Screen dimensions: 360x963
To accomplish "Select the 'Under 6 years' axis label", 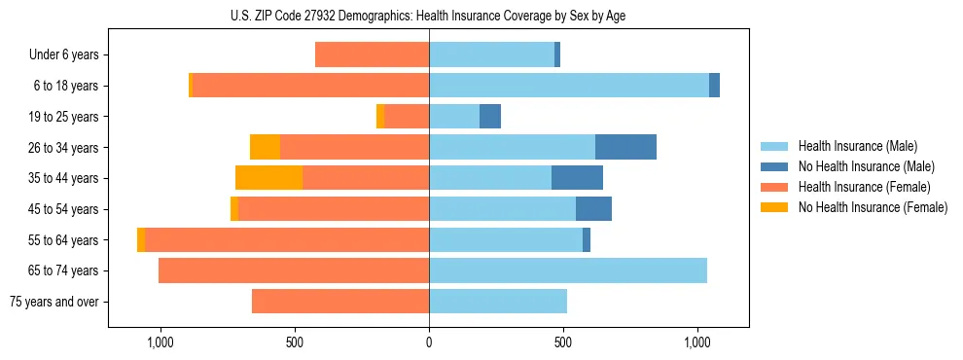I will pyautogui.click(x=63, y=54).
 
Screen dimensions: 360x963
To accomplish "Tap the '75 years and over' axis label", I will pyautogui.click(x=53, y=302).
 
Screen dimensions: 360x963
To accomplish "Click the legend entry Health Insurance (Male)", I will pyautogui.click(x=856, y=146).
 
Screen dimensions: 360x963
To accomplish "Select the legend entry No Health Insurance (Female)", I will pyautogui.click(x=871, y=207).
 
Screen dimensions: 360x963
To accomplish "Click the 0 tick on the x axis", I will pyautogui.click(x=429, y=343).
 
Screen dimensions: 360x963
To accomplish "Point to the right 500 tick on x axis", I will pyautogui.click(x=563, y=343).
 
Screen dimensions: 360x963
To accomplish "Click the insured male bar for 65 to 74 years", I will pyautogui.click(x=568, y=270).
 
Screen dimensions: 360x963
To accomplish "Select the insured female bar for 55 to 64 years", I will pyautogui.click(x=287, y=239).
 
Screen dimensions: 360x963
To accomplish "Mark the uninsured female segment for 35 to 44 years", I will pyautogui.click(x=268, y=178).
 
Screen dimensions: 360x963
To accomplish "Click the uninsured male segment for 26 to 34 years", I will pyautogui.click(x=625, y=147).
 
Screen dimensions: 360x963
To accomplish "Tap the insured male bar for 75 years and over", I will pyautogui.click(x=498, y=302).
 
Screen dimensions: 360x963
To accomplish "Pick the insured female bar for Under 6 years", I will pyautogui.click(x=372, y=54).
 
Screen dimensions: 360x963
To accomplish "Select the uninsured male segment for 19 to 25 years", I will pyautogui.click(x=490, y=117).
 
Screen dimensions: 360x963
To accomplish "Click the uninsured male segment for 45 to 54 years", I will pyautogui.click(x=593, y=209).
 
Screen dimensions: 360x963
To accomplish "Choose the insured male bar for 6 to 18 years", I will pyautogui.click(x=569, y=86).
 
